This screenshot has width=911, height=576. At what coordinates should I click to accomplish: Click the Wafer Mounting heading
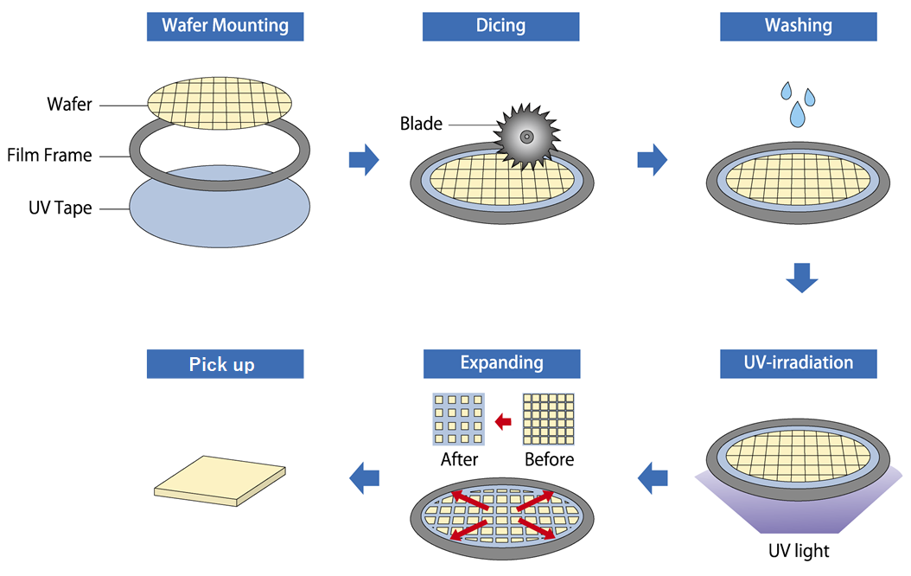[x=225, y=26]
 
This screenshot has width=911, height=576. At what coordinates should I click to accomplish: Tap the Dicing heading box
[x=500, y=26]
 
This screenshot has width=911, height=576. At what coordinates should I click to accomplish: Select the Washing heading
[x=798, y=26]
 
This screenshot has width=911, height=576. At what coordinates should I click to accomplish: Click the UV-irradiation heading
[x=798, y=363]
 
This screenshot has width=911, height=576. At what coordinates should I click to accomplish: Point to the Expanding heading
[x=500, y=363]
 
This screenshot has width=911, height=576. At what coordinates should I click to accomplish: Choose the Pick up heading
[x=225, y=364]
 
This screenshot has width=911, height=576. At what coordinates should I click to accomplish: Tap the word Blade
[x=421, y=125]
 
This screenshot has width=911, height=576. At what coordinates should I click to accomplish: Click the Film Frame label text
[x=49, y=157]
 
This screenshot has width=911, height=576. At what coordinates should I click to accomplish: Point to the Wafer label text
[x=70, y=105]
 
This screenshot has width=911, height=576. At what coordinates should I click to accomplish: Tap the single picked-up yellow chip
[x=220, y=480]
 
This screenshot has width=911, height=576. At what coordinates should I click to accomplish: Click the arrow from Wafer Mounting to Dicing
[x=363, y=160]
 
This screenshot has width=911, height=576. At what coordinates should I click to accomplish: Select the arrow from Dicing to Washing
[x=652, y=160]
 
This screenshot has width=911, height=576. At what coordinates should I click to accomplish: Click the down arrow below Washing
[x=801, y=278]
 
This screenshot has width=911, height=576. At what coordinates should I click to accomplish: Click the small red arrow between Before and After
[x=503, y=421]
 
